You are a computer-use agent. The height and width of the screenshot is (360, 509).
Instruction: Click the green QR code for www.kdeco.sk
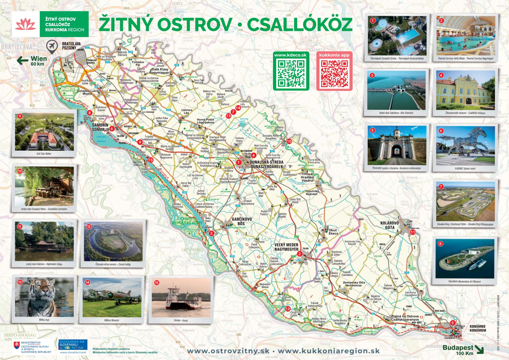click(290, 73)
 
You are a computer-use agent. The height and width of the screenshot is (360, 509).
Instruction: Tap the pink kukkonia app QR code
click(334, 74)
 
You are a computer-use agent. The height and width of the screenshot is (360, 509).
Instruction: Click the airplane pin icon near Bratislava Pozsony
click(52, 47)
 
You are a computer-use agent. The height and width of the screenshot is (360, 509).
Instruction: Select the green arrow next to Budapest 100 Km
click(479, 349)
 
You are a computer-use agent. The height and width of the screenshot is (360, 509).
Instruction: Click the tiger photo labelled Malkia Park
click(44, 297)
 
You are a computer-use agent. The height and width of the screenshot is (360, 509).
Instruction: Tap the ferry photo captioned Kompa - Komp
click(181, 297)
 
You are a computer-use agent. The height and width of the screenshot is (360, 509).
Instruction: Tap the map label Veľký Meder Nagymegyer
click(286, 247)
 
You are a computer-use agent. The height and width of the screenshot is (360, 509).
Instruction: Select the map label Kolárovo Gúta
click(390, 225)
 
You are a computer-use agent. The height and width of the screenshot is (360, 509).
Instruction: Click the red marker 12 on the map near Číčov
click(288, 309)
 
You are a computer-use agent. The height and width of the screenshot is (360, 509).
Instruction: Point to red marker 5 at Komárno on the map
click(452, 323)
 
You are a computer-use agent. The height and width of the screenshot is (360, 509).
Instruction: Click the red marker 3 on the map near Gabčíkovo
click(211, 233)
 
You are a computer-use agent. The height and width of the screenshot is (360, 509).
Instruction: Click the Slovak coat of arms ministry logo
click(17, 347)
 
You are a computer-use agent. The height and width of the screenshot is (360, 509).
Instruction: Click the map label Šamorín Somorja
click(100, 127)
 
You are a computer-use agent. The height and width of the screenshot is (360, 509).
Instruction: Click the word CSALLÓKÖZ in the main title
click(300, 24)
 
